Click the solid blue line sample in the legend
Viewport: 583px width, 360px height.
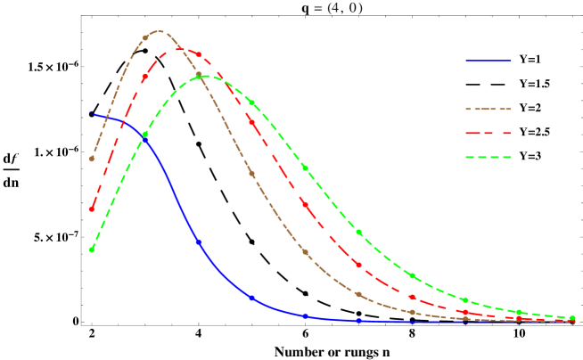coord(488,61)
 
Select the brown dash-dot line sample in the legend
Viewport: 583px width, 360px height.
coord(488,109)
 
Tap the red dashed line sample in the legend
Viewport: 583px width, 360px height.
coord(488,133)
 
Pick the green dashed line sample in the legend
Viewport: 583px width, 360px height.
coord(488,158)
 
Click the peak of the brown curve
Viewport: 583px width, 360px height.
coord(158,32)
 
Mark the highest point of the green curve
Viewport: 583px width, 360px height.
coord(205,76)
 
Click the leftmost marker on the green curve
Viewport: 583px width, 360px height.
coord(92,250)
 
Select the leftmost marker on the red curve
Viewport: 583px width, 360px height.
coord(92,209)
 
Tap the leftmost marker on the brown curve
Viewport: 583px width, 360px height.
coord(92,159)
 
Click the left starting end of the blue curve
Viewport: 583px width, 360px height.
coord(91,113)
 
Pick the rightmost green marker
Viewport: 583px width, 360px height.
coord(572,317)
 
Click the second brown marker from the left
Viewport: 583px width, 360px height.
coord(145,37)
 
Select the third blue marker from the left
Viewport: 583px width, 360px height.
coord(199,241)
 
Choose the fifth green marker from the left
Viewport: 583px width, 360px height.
coord(305,168)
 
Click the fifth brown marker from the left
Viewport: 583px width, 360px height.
coord(305,251)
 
